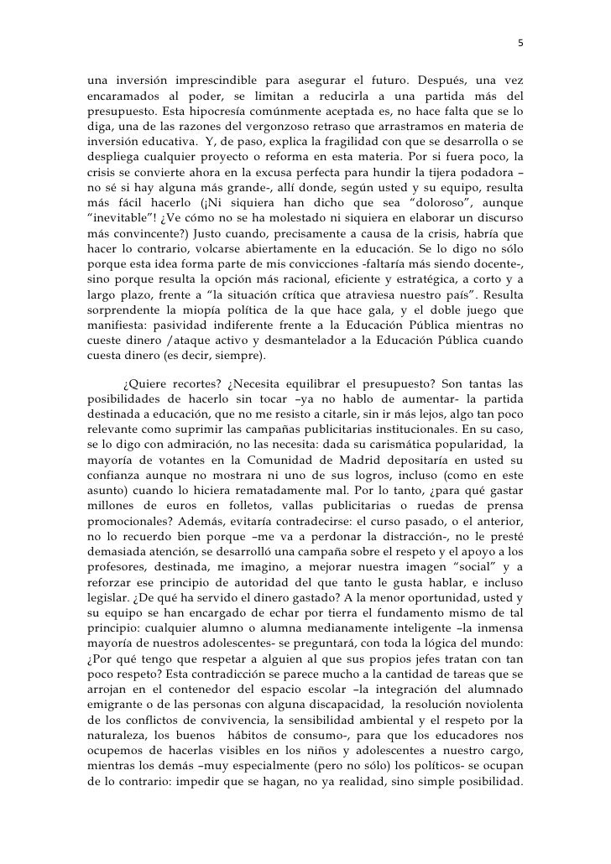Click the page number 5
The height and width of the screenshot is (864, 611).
tap(520, 44)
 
